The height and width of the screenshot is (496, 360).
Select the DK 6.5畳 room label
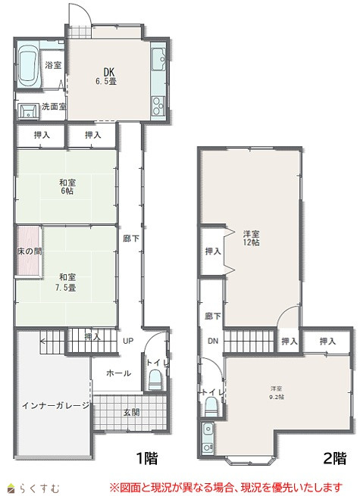click(x=106, y=76)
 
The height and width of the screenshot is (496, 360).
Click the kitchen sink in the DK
click(x=158, y=59)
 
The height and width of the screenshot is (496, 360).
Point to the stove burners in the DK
click(x=158, y=106)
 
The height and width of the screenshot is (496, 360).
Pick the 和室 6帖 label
click(x=67, y=186)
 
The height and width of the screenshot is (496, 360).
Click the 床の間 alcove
click(x=29, y=251)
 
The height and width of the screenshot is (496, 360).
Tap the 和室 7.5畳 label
click(x=67, y=282)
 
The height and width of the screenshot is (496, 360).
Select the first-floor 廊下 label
click(x=131, y=239)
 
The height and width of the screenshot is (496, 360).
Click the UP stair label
click(x=128, y=341)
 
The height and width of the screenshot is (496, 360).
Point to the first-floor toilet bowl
click(x=155, y=379)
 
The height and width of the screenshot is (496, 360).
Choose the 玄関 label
click(x=131, y=412)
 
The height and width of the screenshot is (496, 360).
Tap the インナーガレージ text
click(x=56, y=406)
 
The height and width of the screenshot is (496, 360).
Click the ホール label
click(x=118, y=373)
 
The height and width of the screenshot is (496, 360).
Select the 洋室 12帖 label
click(x=252, y=239)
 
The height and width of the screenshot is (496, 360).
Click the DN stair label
click(x=213, y=341)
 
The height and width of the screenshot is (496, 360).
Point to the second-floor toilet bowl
click(x=211, y=407)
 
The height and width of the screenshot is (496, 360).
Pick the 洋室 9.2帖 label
click(x=276, y=392)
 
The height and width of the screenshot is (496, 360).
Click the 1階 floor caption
click(x=147, y=457)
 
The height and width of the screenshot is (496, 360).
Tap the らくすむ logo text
click(x=40, y=488)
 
